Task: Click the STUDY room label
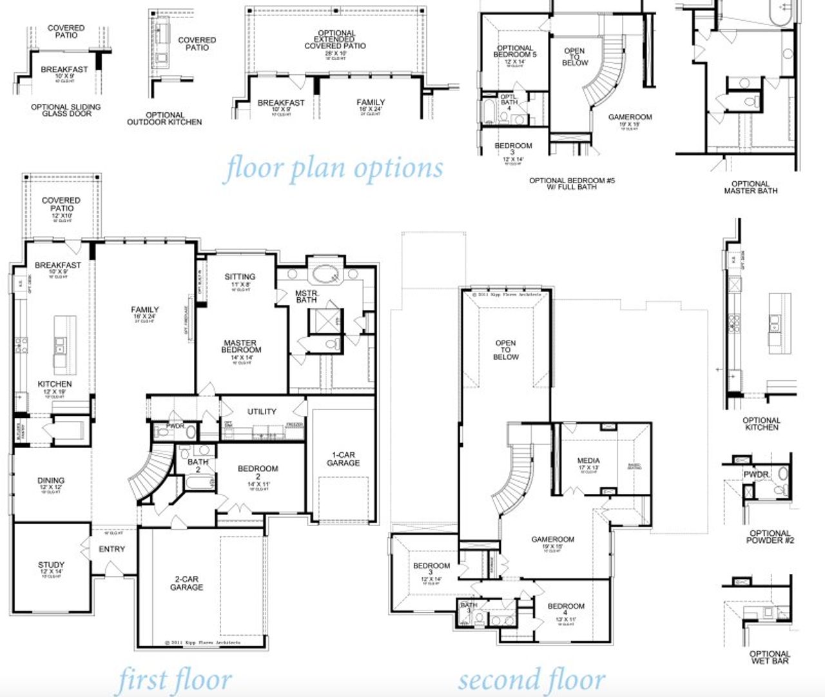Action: click(x=51, y=568)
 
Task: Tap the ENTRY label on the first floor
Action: click(x=112, y=549)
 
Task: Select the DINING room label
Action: click(x=50, y=480)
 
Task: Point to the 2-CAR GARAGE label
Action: click(x=186, y=583)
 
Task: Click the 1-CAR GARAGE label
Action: click(x=343, y=458)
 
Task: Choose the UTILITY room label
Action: click(x=262, y=411)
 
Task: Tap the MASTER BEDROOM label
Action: click(x=240, y=346)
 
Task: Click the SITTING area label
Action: click(x=240, y=277)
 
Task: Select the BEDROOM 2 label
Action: click(x=258, y=473)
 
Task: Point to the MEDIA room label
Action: click(x=588, y=460)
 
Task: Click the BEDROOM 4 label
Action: click(x=566, y=610)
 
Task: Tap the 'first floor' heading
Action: click(x=175, y=680)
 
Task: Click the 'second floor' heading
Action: click(x=532, y=680)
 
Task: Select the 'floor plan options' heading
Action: click(x=334, y=168)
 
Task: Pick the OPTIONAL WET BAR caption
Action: click(x=770, y=657)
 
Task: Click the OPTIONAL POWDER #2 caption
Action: click(x=770, y=536)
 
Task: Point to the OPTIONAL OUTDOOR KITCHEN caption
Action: click(x=164, y=119)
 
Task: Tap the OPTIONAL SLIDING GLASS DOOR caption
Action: click(x=66, y=110)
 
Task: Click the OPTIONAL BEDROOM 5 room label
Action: click(x=514, y=52)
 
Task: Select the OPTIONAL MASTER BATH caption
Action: click(x=750, y=187)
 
